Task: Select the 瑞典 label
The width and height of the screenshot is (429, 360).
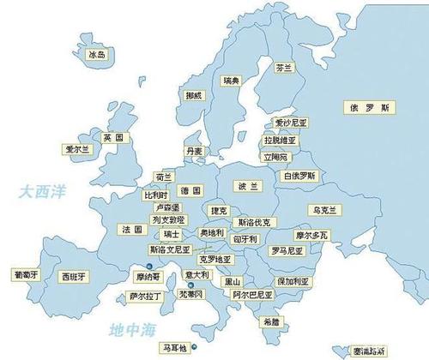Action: click(230, 81)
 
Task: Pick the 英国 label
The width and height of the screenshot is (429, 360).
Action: click(113, 137)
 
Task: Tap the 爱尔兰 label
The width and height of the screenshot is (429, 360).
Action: click(77, 148)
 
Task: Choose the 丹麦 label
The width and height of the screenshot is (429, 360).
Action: click(195, 151)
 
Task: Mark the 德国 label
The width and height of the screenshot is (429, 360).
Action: click(190, 189)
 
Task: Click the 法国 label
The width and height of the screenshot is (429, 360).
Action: click(132, 230)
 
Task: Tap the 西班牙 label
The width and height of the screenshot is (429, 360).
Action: click(72, 277)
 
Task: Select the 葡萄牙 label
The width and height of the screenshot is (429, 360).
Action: click(23, 275)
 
